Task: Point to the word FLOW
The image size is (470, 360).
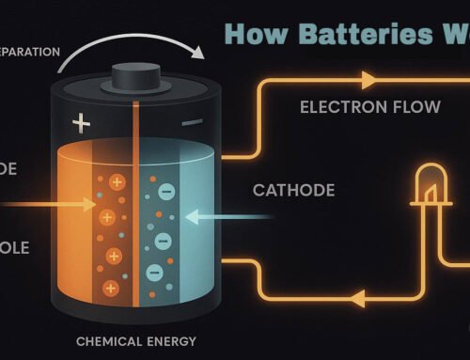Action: pos(412,106)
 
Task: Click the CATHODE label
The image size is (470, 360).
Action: pos(293,190)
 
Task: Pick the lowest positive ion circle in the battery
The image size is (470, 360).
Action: pos(114,279)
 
